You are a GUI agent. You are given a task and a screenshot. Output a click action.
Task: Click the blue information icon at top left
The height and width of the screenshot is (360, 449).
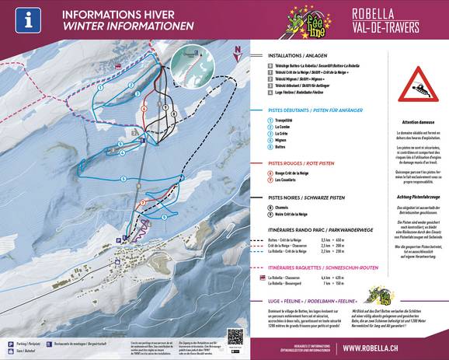[x=29, y=19]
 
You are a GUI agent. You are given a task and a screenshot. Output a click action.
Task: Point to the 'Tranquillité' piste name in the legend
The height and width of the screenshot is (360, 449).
[x=284, y=120]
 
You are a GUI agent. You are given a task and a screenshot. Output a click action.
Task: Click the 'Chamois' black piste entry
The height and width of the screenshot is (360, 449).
[x=281, y=207]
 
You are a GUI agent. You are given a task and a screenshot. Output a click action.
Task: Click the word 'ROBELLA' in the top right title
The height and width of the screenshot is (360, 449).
[x=396, y=13]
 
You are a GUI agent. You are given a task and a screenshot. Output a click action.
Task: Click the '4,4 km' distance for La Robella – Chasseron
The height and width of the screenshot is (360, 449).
[x=347, y=278]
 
